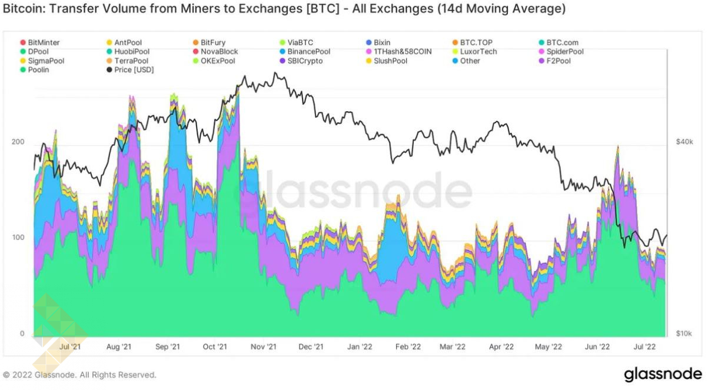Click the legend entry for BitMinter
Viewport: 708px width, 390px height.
click(43, 42)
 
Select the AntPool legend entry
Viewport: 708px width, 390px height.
click(128, 42)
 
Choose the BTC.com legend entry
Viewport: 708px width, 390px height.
click(561, 42)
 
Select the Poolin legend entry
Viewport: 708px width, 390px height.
click(38, 70)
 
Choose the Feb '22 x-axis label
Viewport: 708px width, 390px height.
click(407, 347)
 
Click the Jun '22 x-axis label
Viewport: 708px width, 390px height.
click(599, 347)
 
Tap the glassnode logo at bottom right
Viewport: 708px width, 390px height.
click(662, 374)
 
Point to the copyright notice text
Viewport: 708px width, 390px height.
click(79, 375)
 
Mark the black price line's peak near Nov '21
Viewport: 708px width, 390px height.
click(275, 73)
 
